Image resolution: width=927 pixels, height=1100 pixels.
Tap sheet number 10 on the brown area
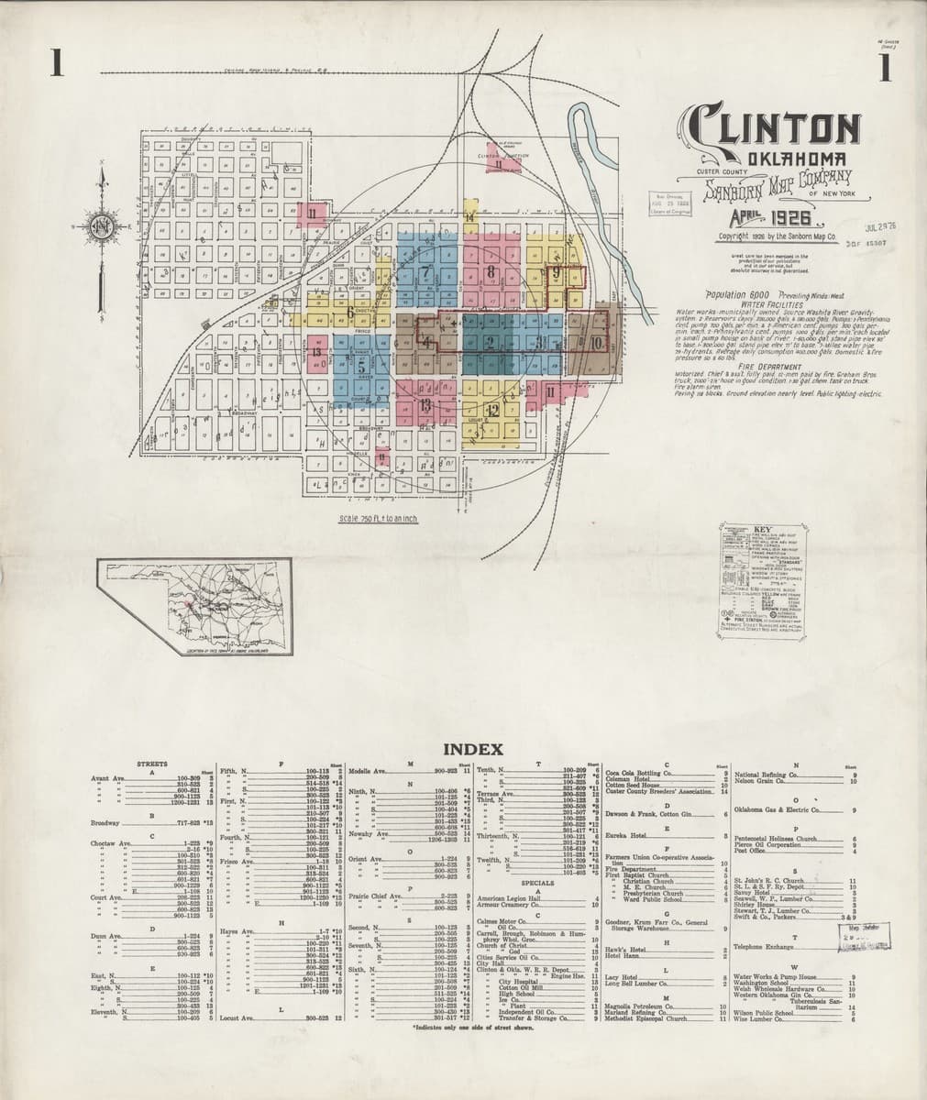pos(597,343)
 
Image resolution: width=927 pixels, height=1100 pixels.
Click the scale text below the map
pos(378,518)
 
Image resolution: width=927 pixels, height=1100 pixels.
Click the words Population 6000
pos(737,294)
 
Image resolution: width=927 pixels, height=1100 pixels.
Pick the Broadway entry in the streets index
pos(107,823)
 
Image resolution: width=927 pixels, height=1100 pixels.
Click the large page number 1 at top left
pos(57,65)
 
